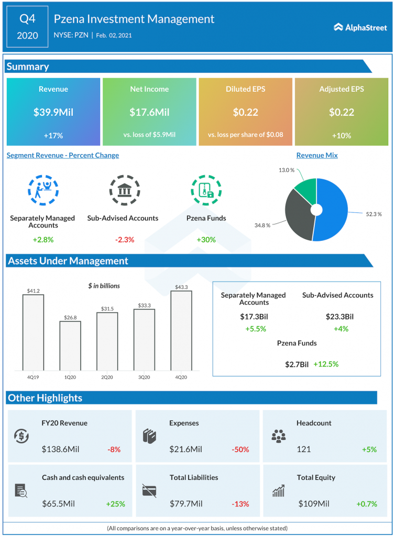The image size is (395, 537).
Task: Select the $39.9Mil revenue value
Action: coord(53,112)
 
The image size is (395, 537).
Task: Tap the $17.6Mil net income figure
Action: coord(149,112)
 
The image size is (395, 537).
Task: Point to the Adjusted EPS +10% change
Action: coord(342,135)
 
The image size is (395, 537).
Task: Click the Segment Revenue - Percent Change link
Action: coord(63,155)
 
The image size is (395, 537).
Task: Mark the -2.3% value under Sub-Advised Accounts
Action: coord(125,240)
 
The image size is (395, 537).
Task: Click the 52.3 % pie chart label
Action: coord(373,214)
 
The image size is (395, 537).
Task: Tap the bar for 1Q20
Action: coord(70,346)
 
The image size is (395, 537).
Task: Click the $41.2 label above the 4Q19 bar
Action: coord(33,290)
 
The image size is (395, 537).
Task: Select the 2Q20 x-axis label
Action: coord(107,377)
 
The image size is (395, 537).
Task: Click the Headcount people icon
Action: coord(278,436)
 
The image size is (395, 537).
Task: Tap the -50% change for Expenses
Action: coord(240,449)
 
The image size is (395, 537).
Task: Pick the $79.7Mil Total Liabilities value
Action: coord(186,504)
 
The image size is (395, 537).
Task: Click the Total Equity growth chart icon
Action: coord(278,491)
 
